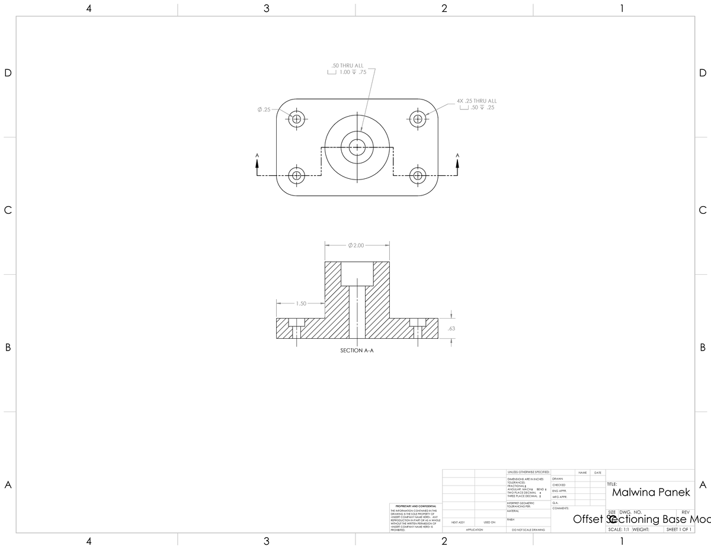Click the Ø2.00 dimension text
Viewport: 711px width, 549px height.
357,245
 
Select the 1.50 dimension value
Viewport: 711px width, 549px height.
301,303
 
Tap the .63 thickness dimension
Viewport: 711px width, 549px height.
451,328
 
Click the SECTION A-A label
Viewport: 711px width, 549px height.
357,351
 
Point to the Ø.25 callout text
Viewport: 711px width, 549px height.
264,110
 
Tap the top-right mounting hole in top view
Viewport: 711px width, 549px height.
418,118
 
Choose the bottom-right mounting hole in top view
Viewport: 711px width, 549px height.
418,175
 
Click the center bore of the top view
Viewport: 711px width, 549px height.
357,147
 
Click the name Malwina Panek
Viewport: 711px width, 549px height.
651,492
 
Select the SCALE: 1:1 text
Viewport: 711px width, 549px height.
618,529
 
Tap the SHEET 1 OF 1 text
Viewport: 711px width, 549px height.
678,529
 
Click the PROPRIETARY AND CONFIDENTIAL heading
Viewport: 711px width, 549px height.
415,506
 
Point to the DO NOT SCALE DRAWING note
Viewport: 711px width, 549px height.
528,530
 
